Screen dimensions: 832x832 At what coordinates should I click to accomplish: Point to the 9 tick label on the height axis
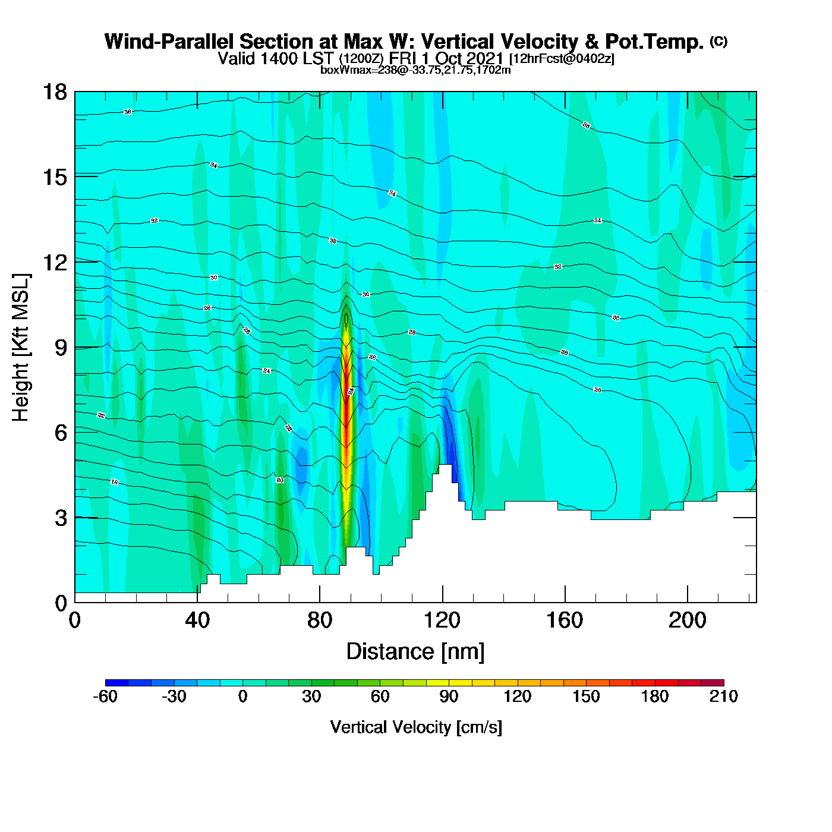[61, 348]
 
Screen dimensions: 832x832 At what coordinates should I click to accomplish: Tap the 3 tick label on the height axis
[61, 518]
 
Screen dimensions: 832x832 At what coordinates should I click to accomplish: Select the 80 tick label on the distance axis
[320, 620]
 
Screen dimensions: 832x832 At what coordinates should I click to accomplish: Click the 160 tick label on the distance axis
[565, 620]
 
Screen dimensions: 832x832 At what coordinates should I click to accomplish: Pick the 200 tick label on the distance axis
[687, 620]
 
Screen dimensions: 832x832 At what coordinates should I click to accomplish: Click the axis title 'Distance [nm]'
[415, 651]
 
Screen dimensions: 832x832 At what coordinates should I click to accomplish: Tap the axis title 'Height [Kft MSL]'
[21, 348]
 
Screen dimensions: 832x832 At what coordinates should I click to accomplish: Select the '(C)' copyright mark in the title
[718, 41]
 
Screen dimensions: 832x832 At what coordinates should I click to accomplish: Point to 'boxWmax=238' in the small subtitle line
[349, 70]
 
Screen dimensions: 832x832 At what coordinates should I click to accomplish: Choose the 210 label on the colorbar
[723, 697]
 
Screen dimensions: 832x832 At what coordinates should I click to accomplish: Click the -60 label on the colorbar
[105, 697]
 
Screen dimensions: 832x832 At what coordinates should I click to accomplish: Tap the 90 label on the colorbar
[449, 697]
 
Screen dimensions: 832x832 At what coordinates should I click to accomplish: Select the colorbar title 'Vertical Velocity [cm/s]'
[415, 727]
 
